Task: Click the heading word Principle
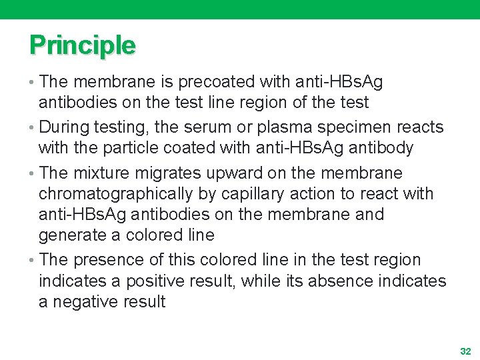coord(82,45)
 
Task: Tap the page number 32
coord(465,351)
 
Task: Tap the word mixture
coord(103,173)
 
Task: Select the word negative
coord(83,302)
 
